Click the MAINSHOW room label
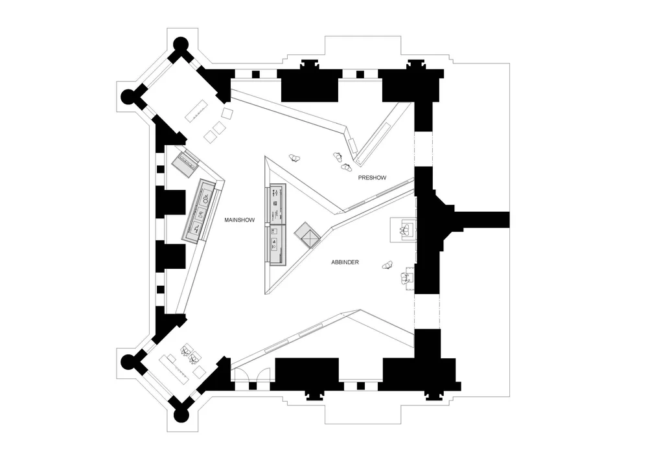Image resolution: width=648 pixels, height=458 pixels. [239, 220]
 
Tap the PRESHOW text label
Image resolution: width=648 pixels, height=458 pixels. [372, 177]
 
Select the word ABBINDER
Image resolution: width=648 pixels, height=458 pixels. [345, 262]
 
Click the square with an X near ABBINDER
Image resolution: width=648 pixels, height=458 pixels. [306, 235]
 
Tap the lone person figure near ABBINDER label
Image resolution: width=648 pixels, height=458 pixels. [388, 264]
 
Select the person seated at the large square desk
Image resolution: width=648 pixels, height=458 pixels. [407, 229]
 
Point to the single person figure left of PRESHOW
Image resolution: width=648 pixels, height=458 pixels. [296, 157]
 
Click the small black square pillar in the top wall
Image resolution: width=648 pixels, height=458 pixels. [255, 73]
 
